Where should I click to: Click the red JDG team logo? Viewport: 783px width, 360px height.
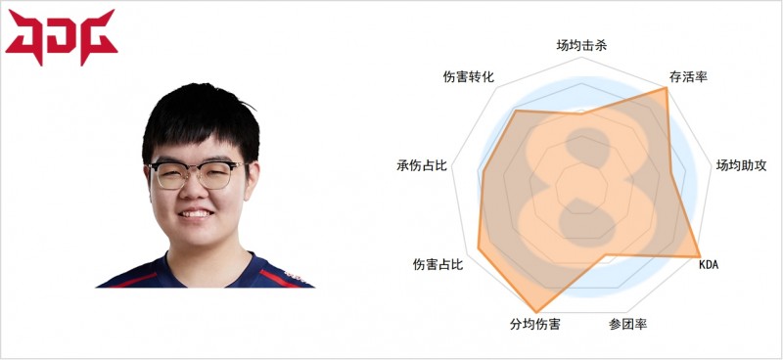(x=61, y=36)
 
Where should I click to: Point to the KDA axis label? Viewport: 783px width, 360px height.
(x=707, y=265)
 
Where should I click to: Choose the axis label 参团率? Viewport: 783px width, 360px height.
(x=626, y=324)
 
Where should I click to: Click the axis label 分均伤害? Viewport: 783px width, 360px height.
(x=534, y=324)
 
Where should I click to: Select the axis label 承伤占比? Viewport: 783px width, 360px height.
(x=422, y=165)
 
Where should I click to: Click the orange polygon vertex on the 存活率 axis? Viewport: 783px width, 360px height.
(x=666, y=89)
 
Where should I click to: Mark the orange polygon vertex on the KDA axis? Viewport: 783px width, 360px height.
(x=699, y=256)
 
